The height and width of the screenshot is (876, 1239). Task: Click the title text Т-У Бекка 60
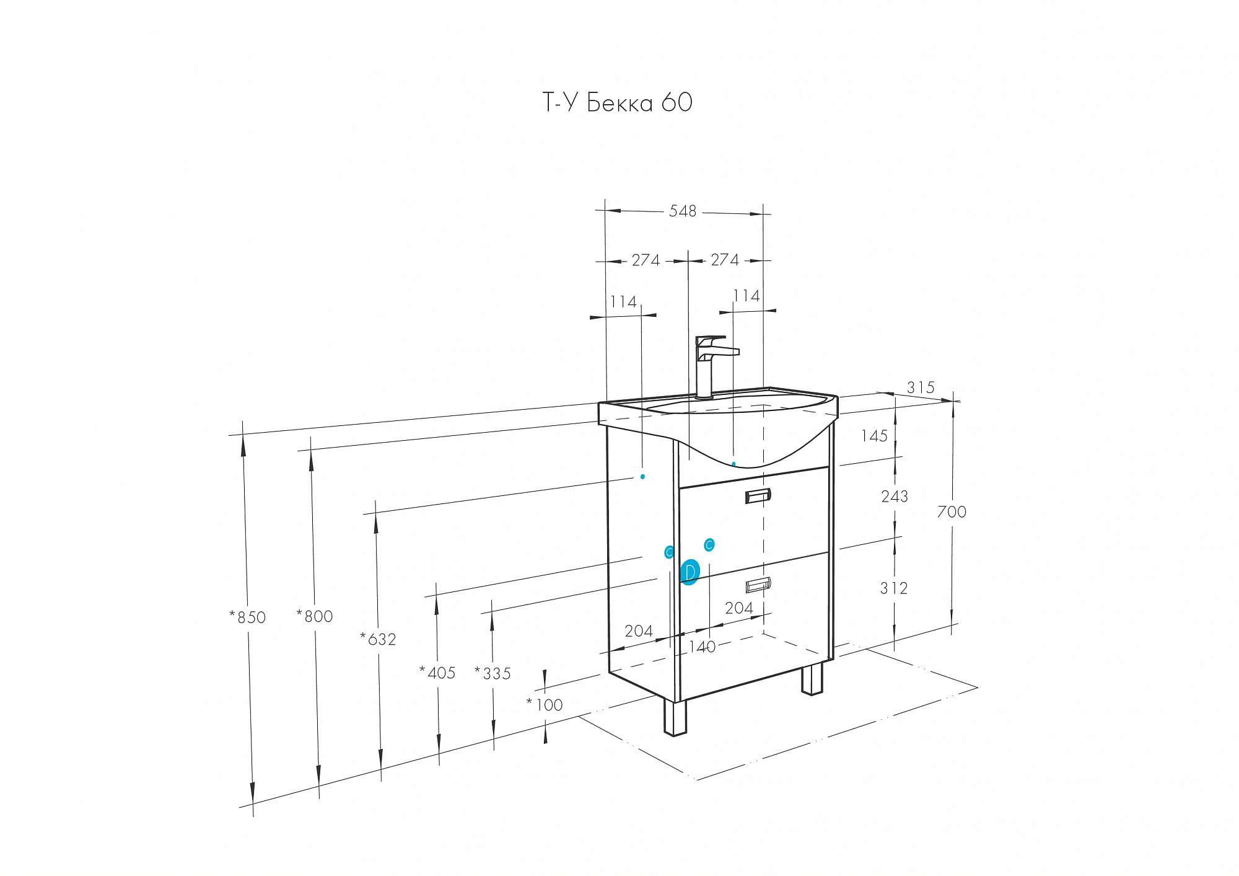(618, 102)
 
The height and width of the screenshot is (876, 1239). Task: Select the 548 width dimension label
(683, 211)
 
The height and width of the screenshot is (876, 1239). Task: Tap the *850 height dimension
(248, 617)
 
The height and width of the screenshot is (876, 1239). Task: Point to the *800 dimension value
(315, 616)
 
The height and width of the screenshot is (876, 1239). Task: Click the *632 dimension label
(378, 639)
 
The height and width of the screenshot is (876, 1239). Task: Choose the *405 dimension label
(437, 673)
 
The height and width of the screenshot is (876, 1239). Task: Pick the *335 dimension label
(493, 673)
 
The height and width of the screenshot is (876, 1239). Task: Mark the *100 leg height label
(545, 705)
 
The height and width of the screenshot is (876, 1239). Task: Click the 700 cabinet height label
(952, 512)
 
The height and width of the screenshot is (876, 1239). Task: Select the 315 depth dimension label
(921, 387)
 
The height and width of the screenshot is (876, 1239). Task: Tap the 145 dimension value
(874, 436)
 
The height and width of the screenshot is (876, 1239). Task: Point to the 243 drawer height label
(895, 497)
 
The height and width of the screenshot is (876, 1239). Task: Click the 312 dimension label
(894, 588)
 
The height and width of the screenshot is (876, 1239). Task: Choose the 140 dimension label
(703, 647)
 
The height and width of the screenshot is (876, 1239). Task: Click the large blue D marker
(690, 572)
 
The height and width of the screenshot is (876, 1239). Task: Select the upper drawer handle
(758, 496)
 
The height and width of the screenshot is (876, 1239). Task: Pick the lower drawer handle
(758, 585)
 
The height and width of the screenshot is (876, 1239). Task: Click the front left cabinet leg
(675, 717)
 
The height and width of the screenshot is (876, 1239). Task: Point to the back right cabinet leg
(813, 679)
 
